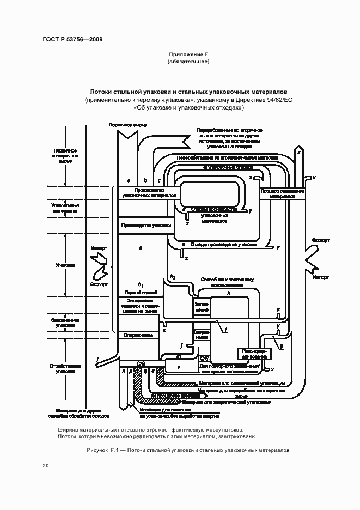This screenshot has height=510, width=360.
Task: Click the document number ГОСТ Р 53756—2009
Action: pos(72,39)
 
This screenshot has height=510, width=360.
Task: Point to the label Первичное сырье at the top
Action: pos(127,125)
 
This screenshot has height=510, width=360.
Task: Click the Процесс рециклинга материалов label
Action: pos(282,195)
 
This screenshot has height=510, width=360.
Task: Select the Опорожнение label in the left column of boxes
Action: pos(138,335)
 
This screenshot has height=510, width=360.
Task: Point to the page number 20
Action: pos(46,466)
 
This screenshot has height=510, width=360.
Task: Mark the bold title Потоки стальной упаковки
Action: pos(188,92)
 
